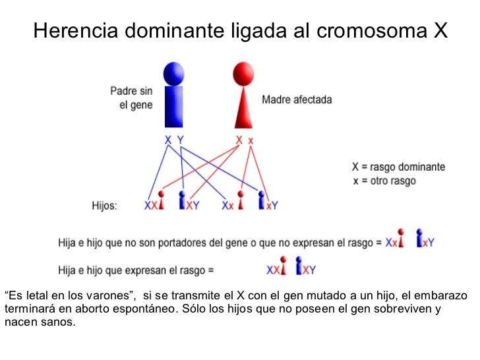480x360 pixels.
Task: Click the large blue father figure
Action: click(174, 99)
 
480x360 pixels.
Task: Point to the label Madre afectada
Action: click(297, 100)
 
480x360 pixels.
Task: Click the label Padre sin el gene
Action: click(131, 98)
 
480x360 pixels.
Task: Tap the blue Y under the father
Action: click(181, 139)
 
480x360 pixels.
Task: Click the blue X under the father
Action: click(168, 139)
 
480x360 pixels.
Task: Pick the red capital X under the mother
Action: click(239, 139)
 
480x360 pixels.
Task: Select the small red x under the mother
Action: click(251, 140)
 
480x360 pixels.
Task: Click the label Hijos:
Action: click(104, 206)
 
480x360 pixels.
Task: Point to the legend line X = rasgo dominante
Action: click(399, 167)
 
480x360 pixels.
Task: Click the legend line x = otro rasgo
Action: click(384, 181)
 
